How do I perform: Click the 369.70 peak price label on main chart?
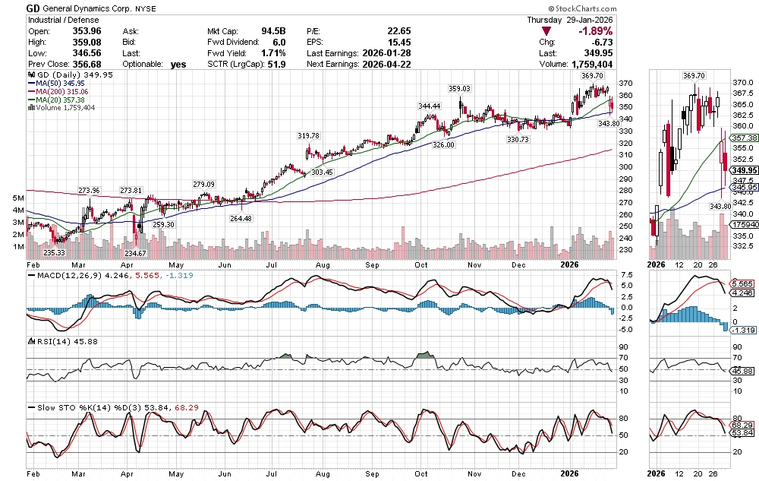(592, 76)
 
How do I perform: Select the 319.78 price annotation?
(307, 135)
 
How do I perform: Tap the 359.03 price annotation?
(460, 89)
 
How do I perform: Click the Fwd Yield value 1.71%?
(274, 53)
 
